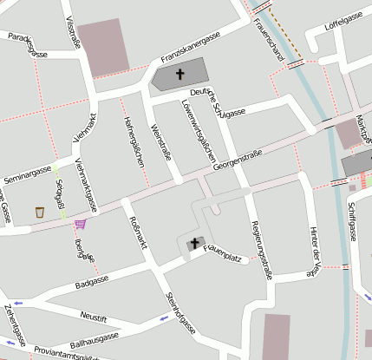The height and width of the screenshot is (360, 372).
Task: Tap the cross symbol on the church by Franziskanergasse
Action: point(180,74)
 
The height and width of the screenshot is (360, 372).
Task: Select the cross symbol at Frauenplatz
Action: point(194,244)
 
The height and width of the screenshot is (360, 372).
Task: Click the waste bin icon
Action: point(40,212)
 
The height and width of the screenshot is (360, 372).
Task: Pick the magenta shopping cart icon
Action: point(80,223)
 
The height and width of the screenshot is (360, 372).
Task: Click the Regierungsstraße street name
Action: point(261,249)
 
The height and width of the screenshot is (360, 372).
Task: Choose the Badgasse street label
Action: point(92,282)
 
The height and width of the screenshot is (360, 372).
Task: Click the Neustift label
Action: point(93,315)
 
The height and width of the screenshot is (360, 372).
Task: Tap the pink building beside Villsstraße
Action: point(103,45)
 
